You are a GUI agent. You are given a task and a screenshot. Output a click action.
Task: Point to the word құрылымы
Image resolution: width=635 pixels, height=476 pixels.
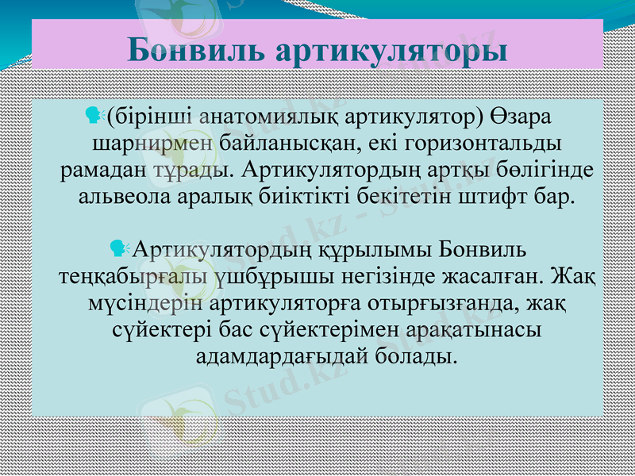375,251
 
